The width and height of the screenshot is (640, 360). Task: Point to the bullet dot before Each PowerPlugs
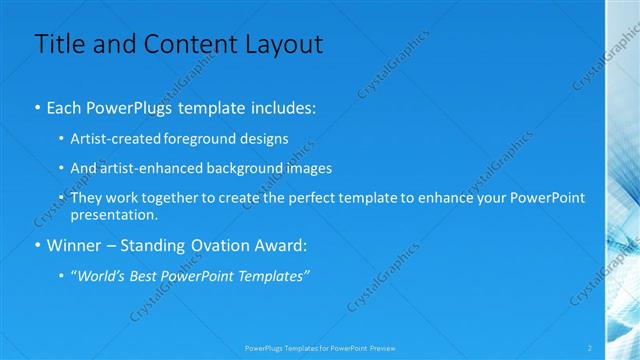37,105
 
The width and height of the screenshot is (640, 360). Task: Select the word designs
264,139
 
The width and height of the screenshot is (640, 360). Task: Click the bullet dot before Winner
37,245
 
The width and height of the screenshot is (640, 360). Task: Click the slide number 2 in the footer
590,347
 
